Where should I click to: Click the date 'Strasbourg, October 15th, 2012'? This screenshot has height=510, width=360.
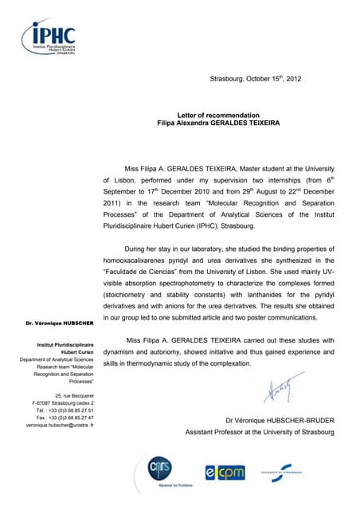(256, 78)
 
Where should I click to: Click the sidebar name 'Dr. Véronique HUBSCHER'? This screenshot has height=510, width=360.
(59, 324)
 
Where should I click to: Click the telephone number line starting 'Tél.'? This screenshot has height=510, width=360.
(64, 410)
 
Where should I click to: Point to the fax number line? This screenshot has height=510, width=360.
(65, 417)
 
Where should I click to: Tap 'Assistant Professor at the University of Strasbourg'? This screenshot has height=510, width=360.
(260, 432)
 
